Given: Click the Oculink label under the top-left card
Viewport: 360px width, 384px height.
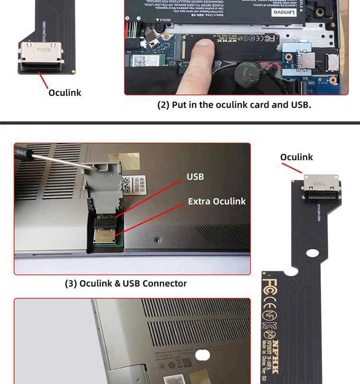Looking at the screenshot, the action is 65,92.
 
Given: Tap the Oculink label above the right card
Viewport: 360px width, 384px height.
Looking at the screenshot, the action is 296,157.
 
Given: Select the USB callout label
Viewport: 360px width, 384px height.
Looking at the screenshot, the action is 195,177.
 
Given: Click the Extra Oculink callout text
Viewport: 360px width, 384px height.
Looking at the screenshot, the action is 216,201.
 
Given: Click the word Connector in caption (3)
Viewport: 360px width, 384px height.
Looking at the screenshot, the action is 165,283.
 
